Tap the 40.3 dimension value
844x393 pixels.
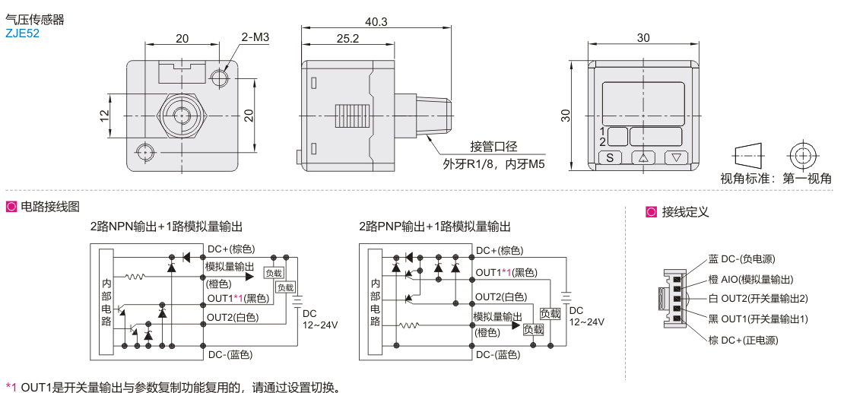(x=376, y=22)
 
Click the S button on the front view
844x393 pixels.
(x=609, y=158)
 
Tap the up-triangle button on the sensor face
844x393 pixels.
(x=643, y=158)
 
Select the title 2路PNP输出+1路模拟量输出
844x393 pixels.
(x=435, y=227)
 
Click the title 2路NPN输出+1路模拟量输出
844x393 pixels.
(x=167, y=227)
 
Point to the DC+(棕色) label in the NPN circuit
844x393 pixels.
(x=231, y=249)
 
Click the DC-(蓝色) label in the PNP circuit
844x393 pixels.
(x=498, y=354)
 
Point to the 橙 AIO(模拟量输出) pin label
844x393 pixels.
(x=750, y=279)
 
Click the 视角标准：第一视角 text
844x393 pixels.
(x=776, y=179)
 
